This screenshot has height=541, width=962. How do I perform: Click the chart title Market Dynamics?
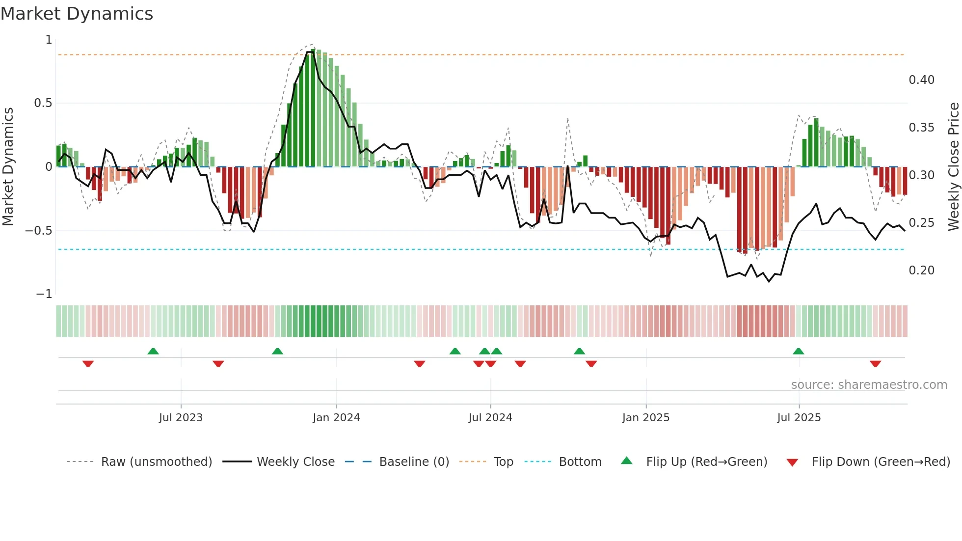pos(77,14)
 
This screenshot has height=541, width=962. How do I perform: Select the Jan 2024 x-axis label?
pos(336,418)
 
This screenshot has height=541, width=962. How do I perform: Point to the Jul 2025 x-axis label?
pos(799,418)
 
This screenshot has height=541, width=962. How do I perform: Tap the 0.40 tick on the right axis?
pos(921,80)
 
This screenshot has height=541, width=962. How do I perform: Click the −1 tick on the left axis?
pos(44,294)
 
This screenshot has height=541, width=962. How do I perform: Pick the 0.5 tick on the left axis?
pos(43,103)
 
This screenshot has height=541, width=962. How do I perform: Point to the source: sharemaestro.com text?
pos(869,385)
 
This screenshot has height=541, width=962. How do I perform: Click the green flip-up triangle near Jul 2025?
pos(798,352)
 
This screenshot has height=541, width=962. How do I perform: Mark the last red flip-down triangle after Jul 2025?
pos(875,364)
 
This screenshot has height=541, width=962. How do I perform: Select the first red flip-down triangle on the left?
pos(88,364)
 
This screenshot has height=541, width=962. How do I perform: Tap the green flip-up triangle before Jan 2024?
pos(277,352)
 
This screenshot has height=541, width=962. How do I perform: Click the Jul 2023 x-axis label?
pos(181,418)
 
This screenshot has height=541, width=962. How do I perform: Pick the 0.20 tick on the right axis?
pos(921,270)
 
